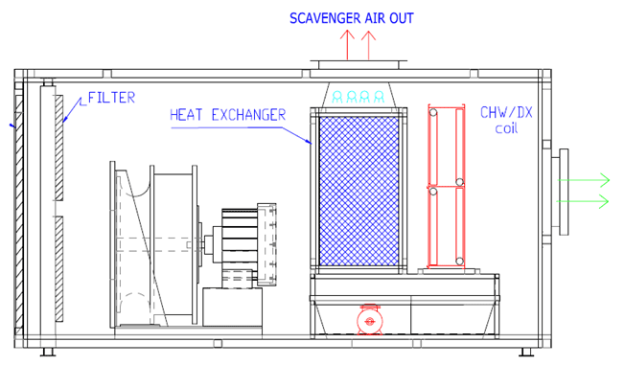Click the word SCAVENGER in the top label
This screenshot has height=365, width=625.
tap(325, 18)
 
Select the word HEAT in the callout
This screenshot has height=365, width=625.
tap(186, 115)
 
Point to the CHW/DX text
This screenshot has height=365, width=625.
tap(506, 112)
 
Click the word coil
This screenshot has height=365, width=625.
tap(505, 128)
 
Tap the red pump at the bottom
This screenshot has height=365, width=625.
tap(368, 320)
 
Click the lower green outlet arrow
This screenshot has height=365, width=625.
tap(587, 200)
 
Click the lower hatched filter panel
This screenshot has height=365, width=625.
tap(58, 269)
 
